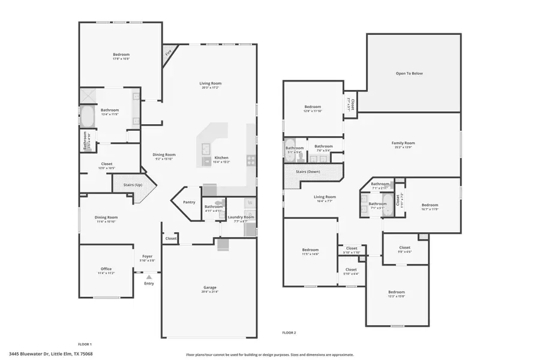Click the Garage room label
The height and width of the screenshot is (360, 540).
coord(209,287)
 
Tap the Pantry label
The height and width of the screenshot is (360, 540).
coord(189,202)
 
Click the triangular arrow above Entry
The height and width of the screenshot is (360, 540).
coord(149,277)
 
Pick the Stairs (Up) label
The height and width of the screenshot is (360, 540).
coord(132,185)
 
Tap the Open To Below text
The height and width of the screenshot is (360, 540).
coord(409,73)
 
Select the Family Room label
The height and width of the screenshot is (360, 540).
coord(403,143)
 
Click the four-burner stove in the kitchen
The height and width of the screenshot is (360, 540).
coord(251,160)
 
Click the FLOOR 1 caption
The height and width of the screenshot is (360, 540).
coord(85,344)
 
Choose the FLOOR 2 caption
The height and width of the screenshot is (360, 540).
coord(289,332)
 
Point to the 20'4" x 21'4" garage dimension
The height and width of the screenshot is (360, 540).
coord(209,292)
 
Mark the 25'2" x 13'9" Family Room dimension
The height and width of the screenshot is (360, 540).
coord(403,148)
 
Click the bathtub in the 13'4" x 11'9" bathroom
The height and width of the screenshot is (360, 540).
coord(87,116)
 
